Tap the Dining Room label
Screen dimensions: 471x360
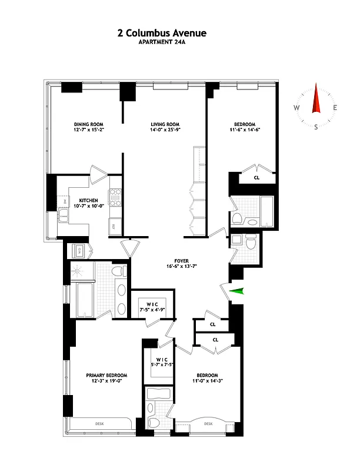(x=89, y=124)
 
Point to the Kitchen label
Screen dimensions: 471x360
(x=89, y=200)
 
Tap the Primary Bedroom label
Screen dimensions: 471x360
(x=106, y=375)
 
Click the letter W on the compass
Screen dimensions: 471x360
(x=297, y=108)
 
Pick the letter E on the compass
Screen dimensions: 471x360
(x=335, y=108)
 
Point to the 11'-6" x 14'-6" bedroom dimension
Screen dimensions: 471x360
(x=244, y=130)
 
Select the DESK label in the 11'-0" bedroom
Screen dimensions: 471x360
(x=209, y=423)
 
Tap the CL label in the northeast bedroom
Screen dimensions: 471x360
(x=256, y=177)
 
